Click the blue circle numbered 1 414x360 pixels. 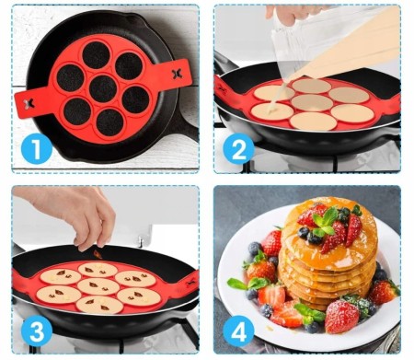pyautogui.click(x=36, y=149)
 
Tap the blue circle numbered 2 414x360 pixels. pyautogui.click(x=238, y=149)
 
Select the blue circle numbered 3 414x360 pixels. pyautogui.click(x=37, y=331)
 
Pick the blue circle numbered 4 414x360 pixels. pyautogui.click(x=238, y=331)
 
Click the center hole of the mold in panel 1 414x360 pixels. pyautogui.click(x=103, y=88)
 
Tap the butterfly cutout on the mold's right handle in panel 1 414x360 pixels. pyautogui.click(x=177, y=74)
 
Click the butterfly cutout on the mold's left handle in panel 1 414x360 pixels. pyautogui.click(x=29, y=104)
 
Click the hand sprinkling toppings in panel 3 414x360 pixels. pyautogui.click(x=74, y=215)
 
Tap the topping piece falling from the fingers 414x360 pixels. pyautogui.click(x=98, y=254)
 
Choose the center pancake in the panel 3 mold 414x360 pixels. pyautogui.click(x=98, y=286)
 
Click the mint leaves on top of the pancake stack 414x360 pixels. pyautogui.click(x=325, y=222)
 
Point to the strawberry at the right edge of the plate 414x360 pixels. pyautogui.click(x=384, y=291)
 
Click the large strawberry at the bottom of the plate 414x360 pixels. pyautogui.click(x=341, y=316)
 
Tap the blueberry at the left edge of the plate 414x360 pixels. pyautogui.click(x=255, y=249)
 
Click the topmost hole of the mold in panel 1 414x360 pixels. pyautogui.click(x=96, y=55)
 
